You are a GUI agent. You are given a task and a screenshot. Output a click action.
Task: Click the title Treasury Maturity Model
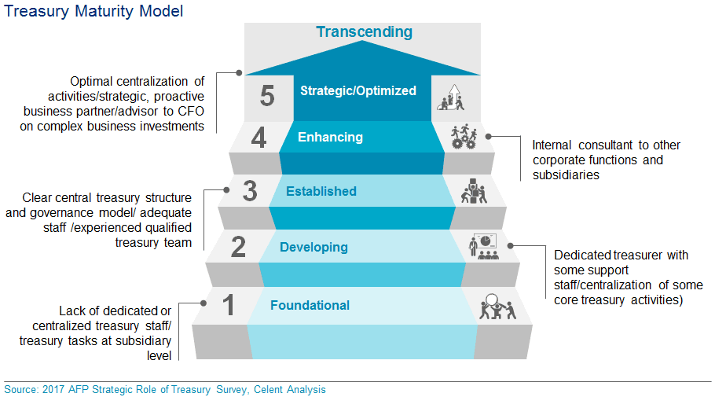94,12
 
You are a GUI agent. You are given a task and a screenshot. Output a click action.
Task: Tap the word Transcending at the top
363,32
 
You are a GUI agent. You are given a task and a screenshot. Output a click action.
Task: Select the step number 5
267,97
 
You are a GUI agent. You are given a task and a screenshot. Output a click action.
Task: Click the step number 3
249,191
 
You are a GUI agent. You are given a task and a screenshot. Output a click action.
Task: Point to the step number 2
239,247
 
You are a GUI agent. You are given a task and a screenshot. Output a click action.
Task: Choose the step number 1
229,305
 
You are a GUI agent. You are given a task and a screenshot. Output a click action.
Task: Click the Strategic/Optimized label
358,91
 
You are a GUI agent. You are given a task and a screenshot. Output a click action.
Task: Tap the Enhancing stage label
330,138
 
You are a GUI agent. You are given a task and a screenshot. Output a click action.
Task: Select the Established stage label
321,191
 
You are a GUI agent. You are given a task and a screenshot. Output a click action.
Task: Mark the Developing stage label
313,248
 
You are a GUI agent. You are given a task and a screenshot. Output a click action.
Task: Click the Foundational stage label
310,306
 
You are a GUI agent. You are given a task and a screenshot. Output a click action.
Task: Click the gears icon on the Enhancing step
463,138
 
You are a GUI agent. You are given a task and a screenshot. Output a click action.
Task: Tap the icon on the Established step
473,191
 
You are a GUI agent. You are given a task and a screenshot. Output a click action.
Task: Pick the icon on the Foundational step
496,305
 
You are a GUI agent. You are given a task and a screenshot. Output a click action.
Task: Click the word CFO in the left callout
189,111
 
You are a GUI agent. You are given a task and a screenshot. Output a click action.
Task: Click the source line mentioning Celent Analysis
164,390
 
